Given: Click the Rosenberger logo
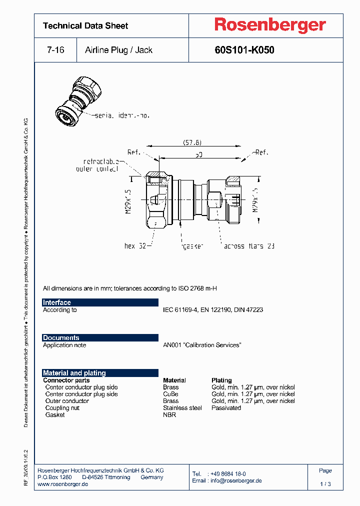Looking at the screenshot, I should pyautogui.click(x=270, y=25).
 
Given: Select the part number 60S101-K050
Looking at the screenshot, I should pyautogui.click(x=244, y=50).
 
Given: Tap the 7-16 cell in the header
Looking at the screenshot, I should pyautogui.click(x=55, y=50).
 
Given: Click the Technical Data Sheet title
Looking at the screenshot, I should pyautogui.click(x=85, y=25).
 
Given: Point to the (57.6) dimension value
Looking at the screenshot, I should pyautogui.click(x=191, y=142).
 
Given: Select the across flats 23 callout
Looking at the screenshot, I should pyautogui.click(x=249, y=246).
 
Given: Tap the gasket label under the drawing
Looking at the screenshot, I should pyautogui.click(x=192, y=246).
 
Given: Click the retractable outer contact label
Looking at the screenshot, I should pyautogui.click(x=101, y=165).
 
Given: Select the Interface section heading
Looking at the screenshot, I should pyautogui.click(x=57, y=302).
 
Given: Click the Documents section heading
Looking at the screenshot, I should pyautogui.click(x=61, y=338).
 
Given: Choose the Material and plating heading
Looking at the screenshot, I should pyautogui.click(x=74, y=373).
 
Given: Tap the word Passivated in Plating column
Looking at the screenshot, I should pyautogui.click(x=226, y=408).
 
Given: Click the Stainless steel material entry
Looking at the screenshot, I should pyautogui.click(x=182, y=408).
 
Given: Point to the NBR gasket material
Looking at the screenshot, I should pyautogui.click(x=169, y=415).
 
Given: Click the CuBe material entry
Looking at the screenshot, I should pyautogui.click(x=170, y=394).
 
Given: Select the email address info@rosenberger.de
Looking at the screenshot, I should pyautogui.click(x=235, y=480).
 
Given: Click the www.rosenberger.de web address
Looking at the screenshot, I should pyautogui.click(x=63, y=484).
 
